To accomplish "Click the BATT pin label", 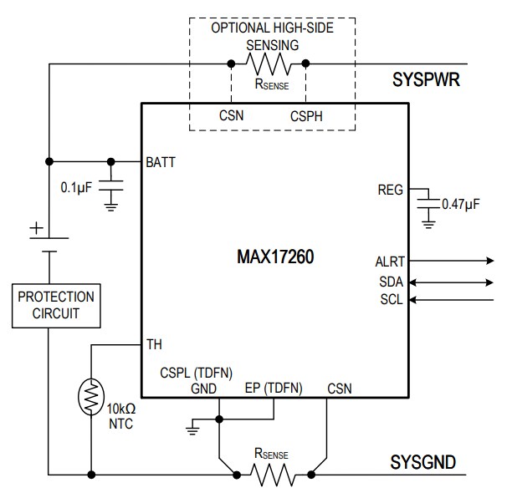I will point(161,161).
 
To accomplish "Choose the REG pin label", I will point(390,191).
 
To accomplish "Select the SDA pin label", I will point(391,281).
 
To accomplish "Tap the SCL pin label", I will point(392,298).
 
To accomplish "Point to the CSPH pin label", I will point(305,115).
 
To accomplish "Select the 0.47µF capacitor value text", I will point(460,204).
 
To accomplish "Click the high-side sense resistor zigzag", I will point(269,64).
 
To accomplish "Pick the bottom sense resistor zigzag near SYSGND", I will point(271,475).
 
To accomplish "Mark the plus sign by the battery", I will point(36,227).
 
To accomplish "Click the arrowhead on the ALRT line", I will point(489,262).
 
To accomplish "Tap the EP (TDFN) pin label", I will point(274,388).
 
